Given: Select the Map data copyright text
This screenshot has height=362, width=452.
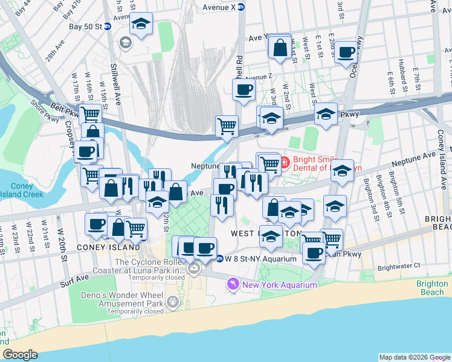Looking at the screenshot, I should pyautogui.click(x=415, y=357).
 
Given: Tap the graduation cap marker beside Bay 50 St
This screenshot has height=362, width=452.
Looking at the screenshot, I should pyautogui.click(x=141, y=25).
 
